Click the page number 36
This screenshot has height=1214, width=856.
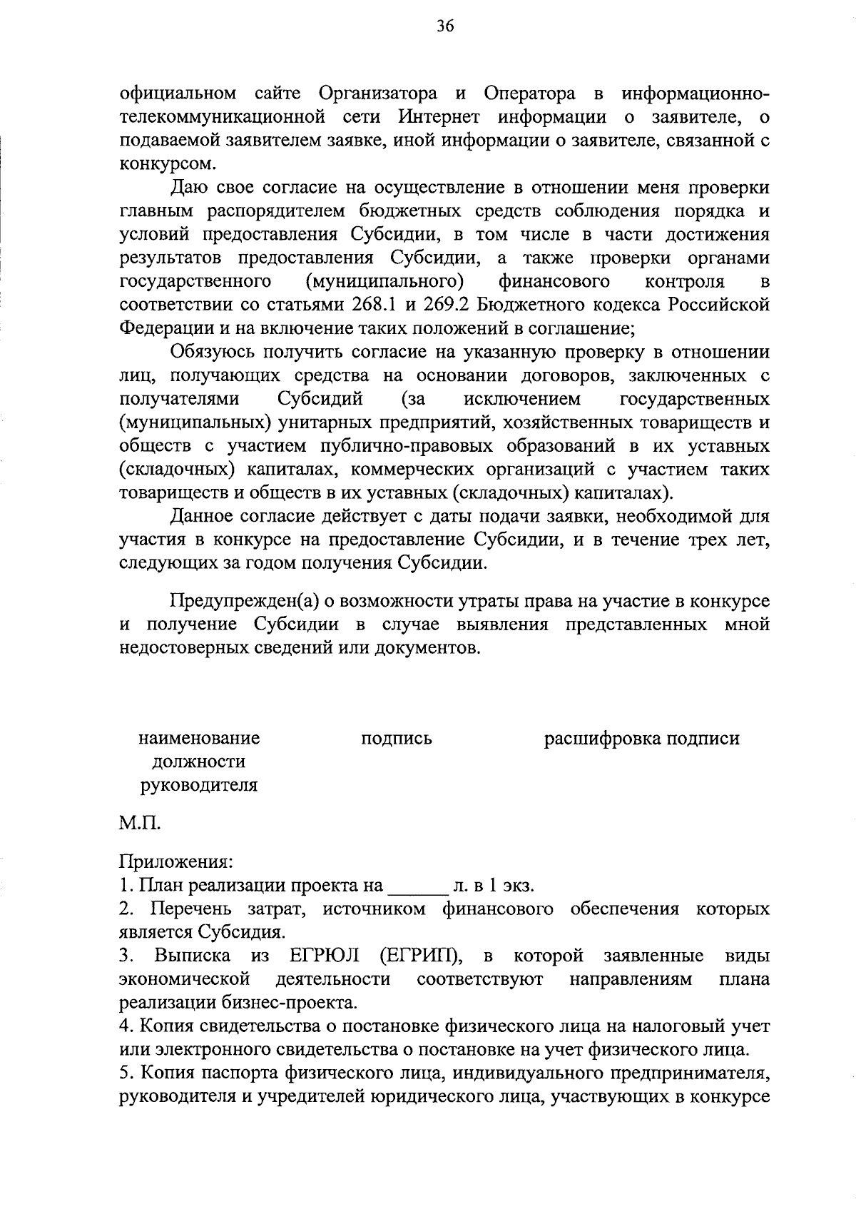click(445, 26)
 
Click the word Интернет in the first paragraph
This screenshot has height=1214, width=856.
click(440, 116)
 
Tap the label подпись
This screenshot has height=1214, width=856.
click(397, 738)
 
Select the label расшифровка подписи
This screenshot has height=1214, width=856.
click(641, 738)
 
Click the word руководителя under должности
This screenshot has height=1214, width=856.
click(199, 785)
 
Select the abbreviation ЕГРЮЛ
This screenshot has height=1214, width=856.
click(325, 956)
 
